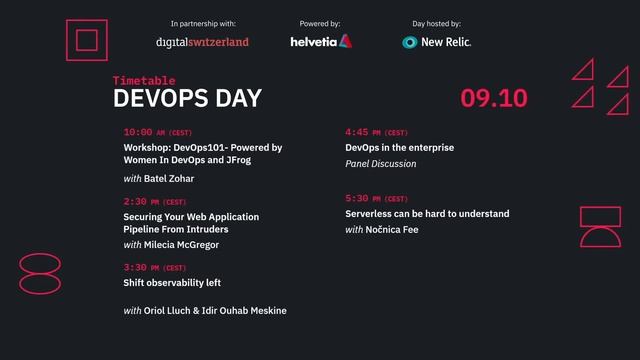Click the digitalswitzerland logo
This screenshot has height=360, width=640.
pos(203,42)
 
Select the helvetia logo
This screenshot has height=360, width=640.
pos(320,42)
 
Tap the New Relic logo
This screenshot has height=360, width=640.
pos(437,42)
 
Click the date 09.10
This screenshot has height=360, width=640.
pos(494,98)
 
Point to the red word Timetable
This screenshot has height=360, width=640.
pos(144,80)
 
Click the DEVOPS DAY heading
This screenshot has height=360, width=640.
pos(187,98)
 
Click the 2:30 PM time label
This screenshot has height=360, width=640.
pos(154,202)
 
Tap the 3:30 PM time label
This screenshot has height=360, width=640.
pos(154,268)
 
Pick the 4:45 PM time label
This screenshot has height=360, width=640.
pos(376,132)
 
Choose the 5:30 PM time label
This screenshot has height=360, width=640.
pos(376,198)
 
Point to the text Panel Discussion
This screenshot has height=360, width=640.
pos(379,163)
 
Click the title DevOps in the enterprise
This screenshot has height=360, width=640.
pos(399,147)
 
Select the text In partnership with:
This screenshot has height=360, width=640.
pos(203,22)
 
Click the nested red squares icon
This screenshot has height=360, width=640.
pos(86,40)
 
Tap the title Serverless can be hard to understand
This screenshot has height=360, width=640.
pos(427,214)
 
